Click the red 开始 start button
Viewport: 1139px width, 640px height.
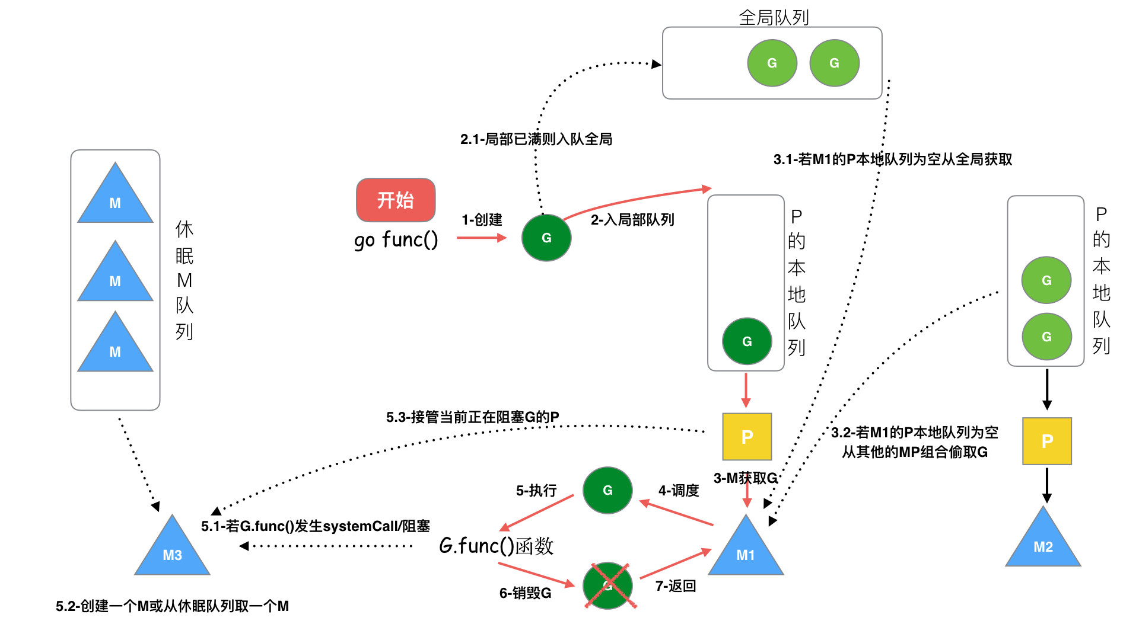click(396, 200)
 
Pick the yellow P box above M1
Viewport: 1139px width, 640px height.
click(747, 437)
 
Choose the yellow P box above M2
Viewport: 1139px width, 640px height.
click(1047, 441)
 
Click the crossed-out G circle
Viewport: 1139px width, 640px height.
click(607, 585)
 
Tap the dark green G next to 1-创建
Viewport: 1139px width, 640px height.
click(546, 238)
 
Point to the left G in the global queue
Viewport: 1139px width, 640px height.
click(772, 63)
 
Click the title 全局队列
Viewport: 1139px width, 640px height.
click(774, 17)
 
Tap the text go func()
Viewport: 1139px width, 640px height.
click(396, 240)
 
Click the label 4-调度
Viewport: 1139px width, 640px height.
click(679, 491)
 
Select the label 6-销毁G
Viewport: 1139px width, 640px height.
click(525, 593)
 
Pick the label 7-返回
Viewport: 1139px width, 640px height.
click(675, 586)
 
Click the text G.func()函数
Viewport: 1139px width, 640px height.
click(496, 546)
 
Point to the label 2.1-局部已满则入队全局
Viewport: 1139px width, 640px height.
click(536, 139)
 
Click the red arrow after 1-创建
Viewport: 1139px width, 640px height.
click(481, 238)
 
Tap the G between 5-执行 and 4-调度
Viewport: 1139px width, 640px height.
click(607, 490)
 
